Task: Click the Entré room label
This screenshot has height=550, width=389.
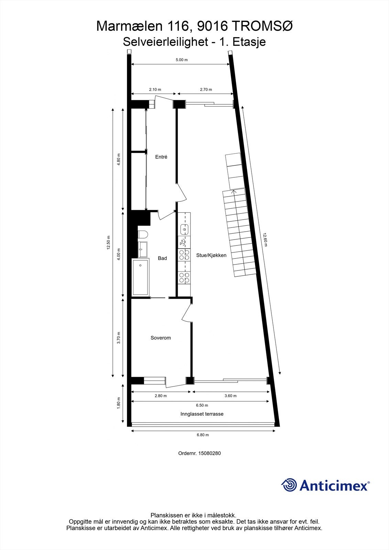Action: (x=161, y=157)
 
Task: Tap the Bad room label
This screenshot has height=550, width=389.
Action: (x=162, y=258)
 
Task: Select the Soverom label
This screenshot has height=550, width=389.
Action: (x=161, y=338)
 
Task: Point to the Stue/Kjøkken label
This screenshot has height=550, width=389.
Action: (x=211, y=255)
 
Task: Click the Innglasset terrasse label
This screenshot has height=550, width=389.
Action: (x=202, y=414)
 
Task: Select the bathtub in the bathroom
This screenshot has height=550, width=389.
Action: (x=140, y=277)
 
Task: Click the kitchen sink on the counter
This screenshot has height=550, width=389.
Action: (x=185, y=229)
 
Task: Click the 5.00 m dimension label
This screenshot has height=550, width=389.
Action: (x=182, y=60)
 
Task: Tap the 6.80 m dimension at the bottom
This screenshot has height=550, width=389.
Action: (x=203, y=435)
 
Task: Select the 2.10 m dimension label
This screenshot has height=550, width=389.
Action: (x=155, y=89)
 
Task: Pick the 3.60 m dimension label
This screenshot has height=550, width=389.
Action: (x=230, y=396)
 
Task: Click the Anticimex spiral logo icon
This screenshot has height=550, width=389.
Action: (x=289, y=485)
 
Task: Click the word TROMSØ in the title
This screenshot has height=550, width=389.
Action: (x=262, y=26)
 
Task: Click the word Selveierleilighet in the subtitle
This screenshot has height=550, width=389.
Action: (x=165, y=42)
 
